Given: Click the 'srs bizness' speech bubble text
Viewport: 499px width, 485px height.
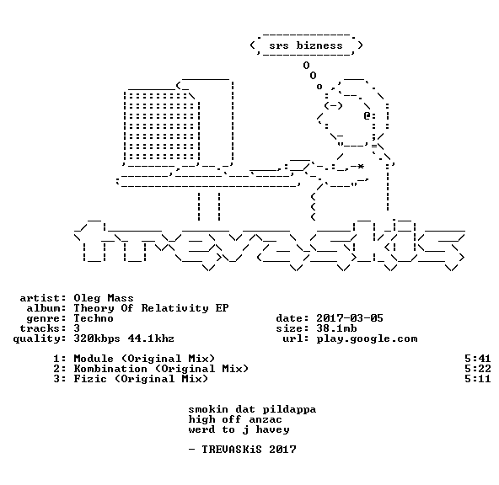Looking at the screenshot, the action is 306,45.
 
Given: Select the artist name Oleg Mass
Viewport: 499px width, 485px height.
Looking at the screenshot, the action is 104,298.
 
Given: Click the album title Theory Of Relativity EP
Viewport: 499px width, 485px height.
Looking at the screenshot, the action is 151,308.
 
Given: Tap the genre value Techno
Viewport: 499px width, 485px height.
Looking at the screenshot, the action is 94,318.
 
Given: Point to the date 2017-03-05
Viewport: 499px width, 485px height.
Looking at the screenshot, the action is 350,318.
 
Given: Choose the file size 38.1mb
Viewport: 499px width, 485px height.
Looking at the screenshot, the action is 336,328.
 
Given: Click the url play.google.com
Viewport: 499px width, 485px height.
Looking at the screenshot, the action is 367,338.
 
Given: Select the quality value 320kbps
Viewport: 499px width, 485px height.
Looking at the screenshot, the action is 97,338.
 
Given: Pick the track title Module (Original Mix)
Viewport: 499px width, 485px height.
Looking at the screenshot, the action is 144,359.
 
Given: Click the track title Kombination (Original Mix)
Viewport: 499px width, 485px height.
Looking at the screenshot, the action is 161,369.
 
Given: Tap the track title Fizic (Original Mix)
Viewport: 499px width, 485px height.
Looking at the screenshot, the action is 141,379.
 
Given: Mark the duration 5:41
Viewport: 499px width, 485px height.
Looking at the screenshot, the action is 477,359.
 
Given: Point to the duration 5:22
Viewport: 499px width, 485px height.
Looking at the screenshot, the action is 477,369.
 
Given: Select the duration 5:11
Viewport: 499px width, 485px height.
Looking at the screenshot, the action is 477,379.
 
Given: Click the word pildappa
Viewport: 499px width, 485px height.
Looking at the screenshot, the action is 289,410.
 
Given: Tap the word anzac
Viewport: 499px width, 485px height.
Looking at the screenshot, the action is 266,420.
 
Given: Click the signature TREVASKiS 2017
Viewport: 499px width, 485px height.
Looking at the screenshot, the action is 249,450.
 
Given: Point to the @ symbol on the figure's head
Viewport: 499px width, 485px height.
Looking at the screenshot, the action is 368,115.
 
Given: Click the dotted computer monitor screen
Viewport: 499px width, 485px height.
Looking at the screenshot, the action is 162,126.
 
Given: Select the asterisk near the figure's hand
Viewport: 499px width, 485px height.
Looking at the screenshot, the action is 361,166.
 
